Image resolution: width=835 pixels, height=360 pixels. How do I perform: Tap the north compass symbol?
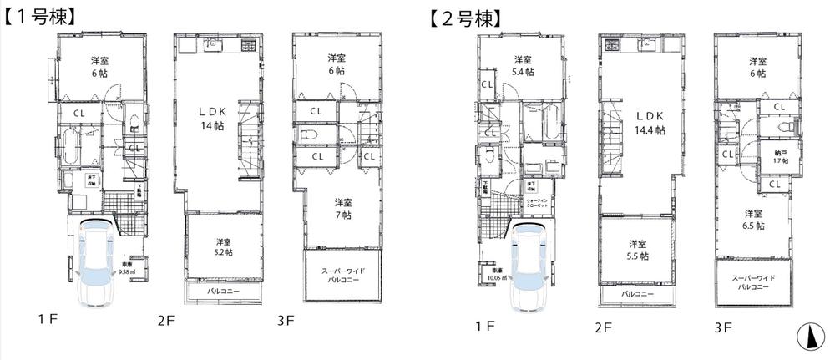807,337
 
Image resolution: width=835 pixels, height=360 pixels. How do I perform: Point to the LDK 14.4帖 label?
649,123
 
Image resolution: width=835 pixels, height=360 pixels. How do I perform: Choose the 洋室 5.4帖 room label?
523,65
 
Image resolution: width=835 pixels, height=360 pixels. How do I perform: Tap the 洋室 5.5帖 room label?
638,250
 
